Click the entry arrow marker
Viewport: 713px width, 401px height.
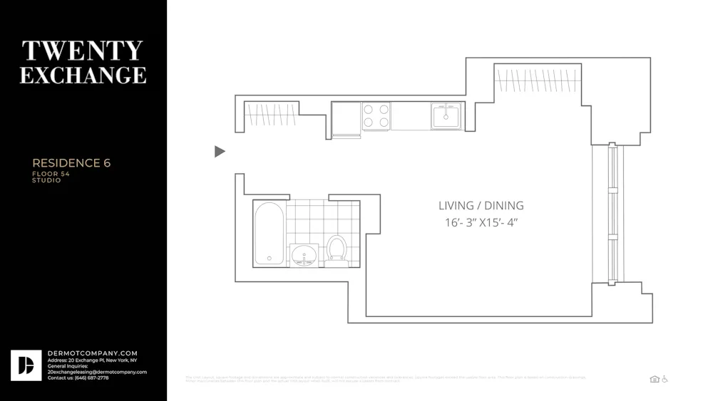tap(220, 151)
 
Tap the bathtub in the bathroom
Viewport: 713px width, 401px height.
tap(269, 234)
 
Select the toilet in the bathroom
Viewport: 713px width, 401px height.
tap(337, 250)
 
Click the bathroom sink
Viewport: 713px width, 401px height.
tap(304, 254)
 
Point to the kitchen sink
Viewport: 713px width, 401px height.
tap(446, 115)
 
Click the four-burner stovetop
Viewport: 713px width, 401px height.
tap(376, 116)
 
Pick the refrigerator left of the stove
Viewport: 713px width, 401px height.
tap(347, 118)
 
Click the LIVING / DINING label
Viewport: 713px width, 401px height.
tap(481, 206)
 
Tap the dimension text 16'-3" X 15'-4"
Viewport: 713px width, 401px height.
tap(481, 222)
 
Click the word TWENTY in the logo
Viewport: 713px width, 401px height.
tap(83, 51)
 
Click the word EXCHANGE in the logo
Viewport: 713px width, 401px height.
tap(83, 75)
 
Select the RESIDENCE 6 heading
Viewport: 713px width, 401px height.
tap(71, 163)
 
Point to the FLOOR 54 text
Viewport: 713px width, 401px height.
tap(51, 174)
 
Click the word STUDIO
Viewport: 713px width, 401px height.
tap(46, 180)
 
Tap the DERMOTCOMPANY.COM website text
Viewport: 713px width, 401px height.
tap(93, 353)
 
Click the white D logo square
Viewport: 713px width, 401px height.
tap(26, 365)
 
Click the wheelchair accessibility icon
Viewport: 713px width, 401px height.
tap(665, 379)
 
